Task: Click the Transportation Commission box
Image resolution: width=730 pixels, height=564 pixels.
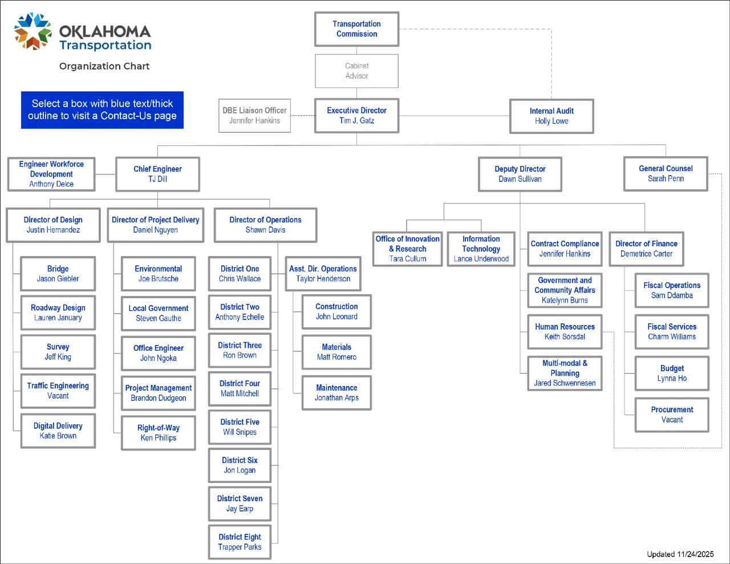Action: [356, 29]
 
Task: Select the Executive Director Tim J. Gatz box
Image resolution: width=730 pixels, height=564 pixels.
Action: [356, 116]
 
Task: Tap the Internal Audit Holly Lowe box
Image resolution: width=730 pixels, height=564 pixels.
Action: [551, 116]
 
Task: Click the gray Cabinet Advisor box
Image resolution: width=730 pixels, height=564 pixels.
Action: [356, 71]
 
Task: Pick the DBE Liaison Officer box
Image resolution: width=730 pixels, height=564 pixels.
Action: [254, 116]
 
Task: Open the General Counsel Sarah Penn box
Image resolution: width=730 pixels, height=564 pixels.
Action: [666, 174]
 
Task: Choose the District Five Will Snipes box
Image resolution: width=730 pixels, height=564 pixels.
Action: [240, 427]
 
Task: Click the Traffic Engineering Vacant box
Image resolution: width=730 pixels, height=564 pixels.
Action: [58, 391]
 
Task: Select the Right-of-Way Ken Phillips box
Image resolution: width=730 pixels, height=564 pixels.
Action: [159, 433]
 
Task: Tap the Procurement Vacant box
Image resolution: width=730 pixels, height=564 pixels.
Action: [672, 415]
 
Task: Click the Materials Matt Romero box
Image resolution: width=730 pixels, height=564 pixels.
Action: [336, 352]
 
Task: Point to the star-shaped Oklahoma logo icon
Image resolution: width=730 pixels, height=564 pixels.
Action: [33, 31]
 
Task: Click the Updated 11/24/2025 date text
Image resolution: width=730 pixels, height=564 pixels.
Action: [680, 554]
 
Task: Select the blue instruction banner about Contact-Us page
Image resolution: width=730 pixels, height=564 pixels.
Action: [102, 109]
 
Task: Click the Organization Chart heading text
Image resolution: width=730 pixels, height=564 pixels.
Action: [104, 66]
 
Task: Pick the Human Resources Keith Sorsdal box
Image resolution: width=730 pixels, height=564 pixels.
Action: [565, 332]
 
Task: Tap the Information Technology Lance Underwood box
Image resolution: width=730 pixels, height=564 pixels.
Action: [481, 249]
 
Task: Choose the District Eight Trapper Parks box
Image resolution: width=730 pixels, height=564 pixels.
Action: [240, 542]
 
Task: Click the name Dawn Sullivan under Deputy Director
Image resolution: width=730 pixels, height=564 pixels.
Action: [520, 179]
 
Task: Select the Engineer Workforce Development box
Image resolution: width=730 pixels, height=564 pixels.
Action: [51, 174]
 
